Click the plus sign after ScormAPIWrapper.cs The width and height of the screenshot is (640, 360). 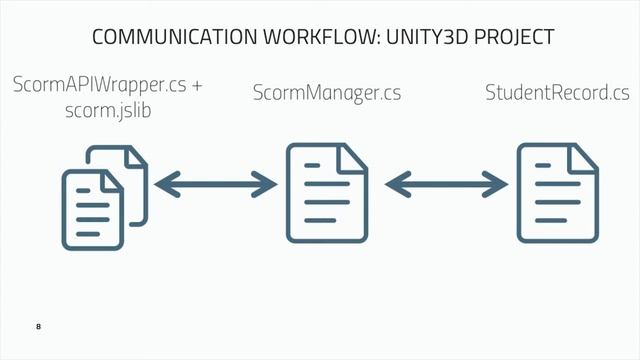point(196,86)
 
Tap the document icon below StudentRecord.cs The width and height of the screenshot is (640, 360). point(558,192)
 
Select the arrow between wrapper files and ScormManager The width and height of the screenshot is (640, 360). point(216,184)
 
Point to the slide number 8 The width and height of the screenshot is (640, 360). point(38,327)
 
